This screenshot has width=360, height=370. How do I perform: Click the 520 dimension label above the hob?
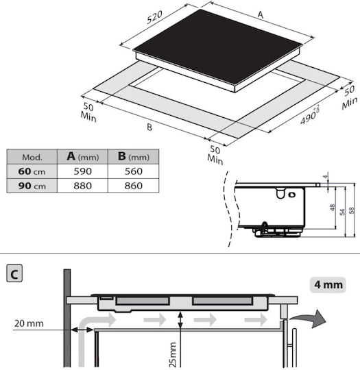point(154,17)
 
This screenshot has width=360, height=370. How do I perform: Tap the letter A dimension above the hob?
point(261,14)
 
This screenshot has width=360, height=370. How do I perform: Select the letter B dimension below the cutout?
point(149,127)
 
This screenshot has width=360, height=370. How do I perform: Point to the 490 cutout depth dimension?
point(309,115)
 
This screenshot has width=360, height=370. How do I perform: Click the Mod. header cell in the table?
point(32,157)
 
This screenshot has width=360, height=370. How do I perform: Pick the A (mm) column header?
point(83,156)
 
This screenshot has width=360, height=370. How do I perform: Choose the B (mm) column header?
point(134,156)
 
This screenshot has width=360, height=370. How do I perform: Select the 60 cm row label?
point(32,171)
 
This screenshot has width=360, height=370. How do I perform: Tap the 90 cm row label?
point(32,186)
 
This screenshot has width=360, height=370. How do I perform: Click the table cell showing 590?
point(83,171)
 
